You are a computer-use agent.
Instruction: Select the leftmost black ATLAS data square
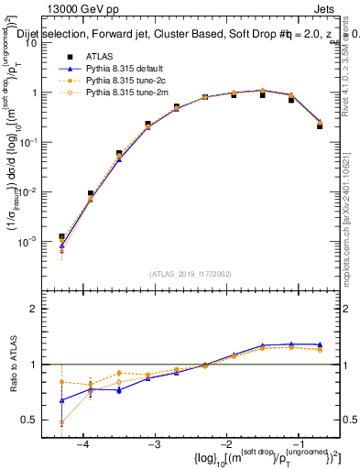pyautogui.click(x=61, y=236)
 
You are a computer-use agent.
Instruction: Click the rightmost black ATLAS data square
pyautogui.click(x=320, y=125)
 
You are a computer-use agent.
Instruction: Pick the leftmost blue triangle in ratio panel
pyautogui.click(x=61, y=400)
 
